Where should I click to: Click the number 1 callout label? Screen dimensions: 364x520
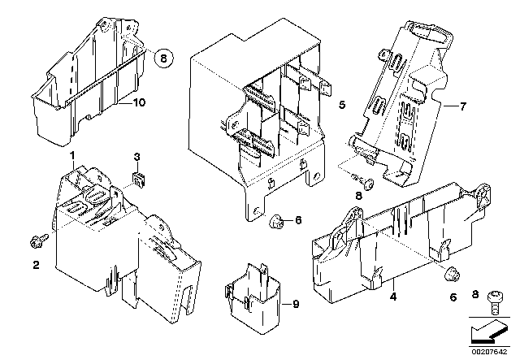(x=72, y=154)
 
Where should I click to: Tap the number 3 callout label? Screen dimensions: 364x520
(x=136, y=154)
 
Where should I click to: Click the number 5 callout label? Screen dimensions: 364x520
(x=342, y=105)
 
